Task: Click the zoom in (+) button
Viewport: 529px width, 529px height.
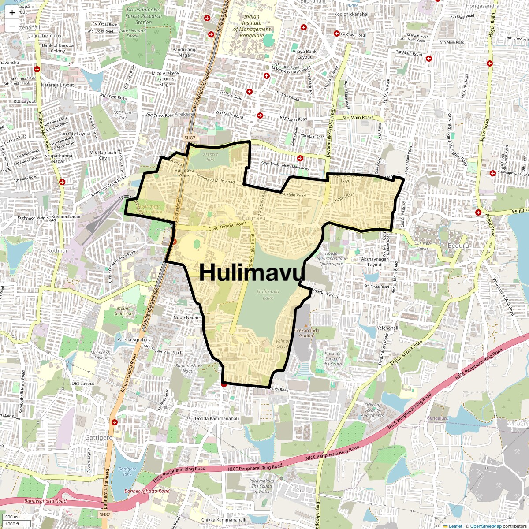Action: [x=12, y=13]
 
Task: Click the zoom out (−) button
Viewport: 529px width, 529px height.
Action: [x=12, y=26]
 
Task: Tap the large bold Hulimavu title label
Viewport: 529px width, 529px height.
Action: [x=252, y=272]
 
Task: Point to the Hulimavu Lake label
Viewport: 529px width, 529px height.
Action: [x=268, y=294]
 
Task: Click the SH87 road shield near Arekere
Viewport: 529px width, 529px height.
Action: [x=190, y=138]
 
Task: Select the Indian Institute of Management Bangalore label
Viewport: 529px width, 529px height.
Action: [x=252, y=26]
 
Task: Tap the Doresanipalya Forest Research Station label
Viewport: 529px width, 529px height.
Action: [x=143, y=16]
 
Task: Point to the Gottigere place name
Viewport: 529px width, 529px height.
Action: [x=99, y=438]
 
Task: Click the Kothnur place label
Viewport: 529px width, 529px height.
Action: [x=58, y=250]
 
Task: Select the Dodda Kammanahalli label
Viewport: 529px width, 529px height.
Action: [x=217, y=419]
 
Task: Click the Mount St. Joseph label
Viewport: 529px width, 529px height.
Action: [x=123, y=311]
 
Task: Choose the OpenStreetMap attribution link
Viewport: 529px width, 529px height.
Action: [x=486, y=526]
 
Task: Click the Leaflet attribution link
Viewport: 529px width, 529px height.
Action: [x=455, y=526]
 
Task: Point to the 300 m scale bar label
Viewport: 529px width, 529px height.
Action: [x=12, y=517]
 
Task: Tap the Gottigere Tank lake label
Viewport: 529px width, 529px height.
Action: [x=127, y=472]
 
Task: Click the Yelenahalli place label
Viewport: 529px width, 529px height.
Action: [x=388, y=328]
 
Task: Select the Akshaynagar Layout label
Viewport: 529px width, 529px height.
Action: [x=375, y=262]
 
